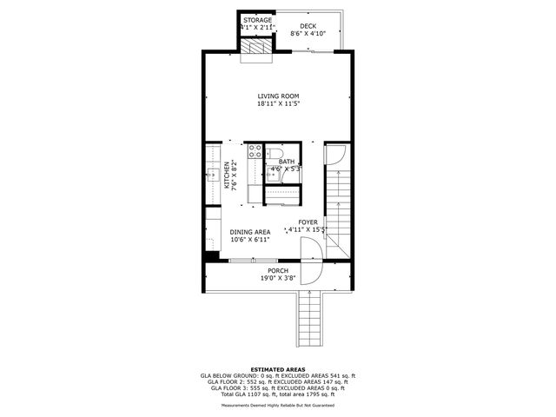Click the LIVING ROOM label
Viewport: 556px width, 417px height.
coord(278,96)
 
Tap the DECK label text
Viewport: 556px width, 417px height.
coord(308,26)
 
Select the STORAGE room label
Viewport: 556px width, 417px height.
coord(257,20)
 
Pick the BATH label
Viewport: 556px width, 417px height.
coord(286,162)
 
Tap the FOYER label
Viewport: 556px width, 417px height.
coord(308,222)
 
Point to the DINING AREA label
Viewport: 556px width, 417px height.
coord(249,232)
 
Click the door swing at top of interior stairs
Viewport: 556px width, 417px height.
coord(335,156)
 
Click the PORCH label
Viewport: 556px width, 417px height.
coord(278,271)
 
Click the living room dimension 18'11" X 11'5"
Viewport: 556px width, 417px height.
coord(278,104)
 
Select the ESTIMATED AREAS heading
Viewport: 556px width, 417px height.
coord(277,369)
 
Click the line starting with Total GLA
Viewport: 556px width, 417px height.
coord(278,394)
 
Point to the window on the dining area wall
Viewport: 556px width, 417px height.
coord(254,260)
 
